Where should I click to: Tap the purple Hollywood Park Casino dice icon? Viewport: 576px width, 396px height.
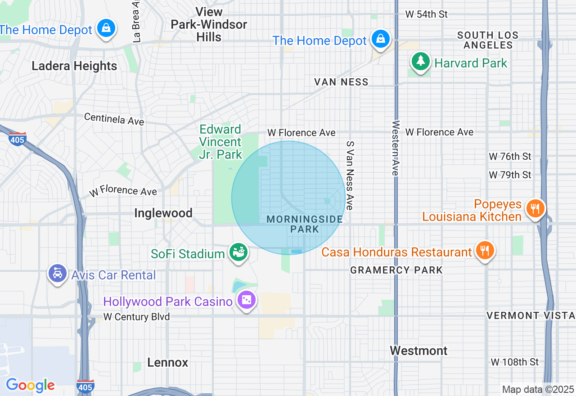[x=247, y=300]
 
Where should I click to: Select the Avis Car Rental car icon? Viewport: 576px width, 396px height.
[x=58, y=273]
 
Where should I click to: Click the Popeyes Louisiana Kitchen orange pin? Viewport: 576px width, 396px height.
[x=535, y=208]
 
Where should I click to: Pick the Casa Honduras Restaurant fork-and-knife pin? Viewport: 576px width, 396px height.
[x=485, y=250]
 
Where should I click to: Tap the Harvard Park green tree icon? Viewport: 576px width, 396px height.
[x=421, y=61]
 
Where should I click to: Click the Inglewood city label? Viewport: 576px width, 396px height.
[x=163, y=213]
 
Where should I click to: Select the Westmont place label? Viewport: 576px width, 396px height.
[x=418, y=351]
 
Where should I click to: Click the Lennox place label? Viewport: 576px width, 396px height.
[x=167, y=363]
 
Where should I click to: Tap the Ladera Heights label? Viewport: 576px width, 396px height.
[x=74, y=66]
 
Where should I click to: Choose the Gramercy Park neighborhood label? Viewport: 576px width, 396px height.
[x=396, y=270]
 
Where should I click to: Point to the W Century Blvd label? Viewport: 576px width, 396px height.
[x=137, y=317]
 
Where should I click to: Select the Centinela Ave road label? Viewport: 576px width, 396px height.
[x=114, y=119]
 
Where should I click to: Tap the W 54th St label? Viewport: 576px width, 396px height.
[x=426, y=14]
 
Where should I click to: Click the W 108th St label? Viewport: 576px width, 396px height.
[x=514, y=362]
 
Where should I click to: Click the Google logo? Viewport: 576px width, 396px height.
[x=30, y=386]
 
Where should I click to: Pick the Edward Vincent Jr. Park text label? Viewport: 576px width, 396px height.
[x=220, y=142]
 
